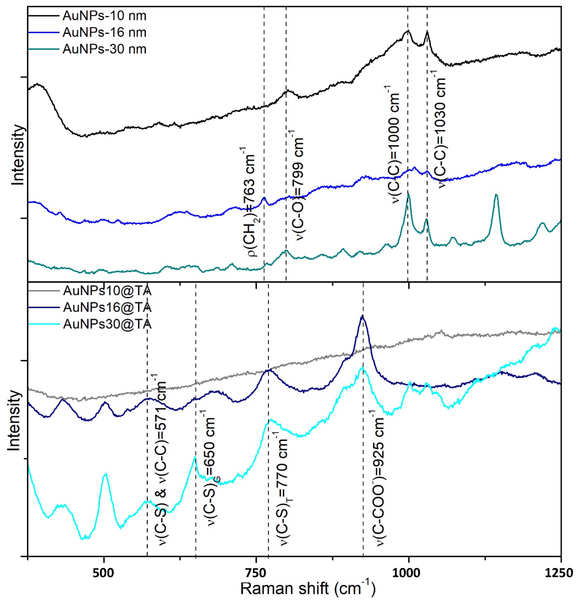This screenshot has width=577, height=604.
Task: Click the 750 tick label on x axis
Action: pyautogui.click(x=256, y=573)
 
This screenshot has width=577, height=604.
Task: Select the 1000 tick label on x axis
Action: pyautogui.click(x=408, y=573)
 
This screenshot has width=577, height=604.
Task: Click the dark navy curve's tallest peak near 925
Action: pyautogui.click(x=362, y=315)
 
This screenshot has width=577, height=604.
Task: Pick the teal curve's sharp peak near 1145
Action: pyautogui.click(x=496, y=195)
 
